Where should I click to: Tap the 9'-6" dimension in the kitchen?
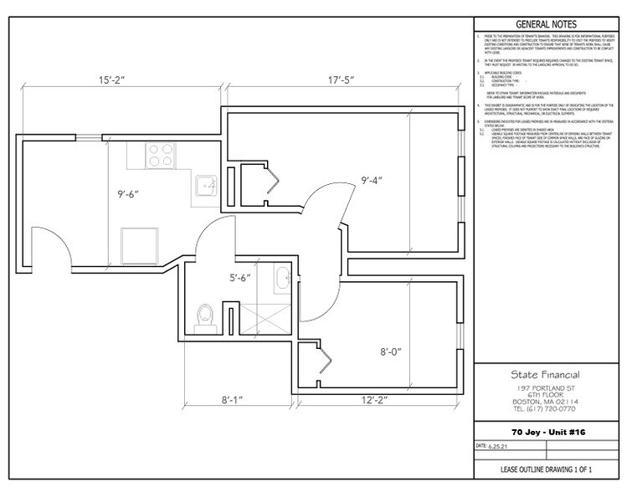pyautogui.click(x=129, y=197)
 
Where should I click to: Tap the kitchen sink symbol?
pyautogui.click(x=203, y=184)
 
